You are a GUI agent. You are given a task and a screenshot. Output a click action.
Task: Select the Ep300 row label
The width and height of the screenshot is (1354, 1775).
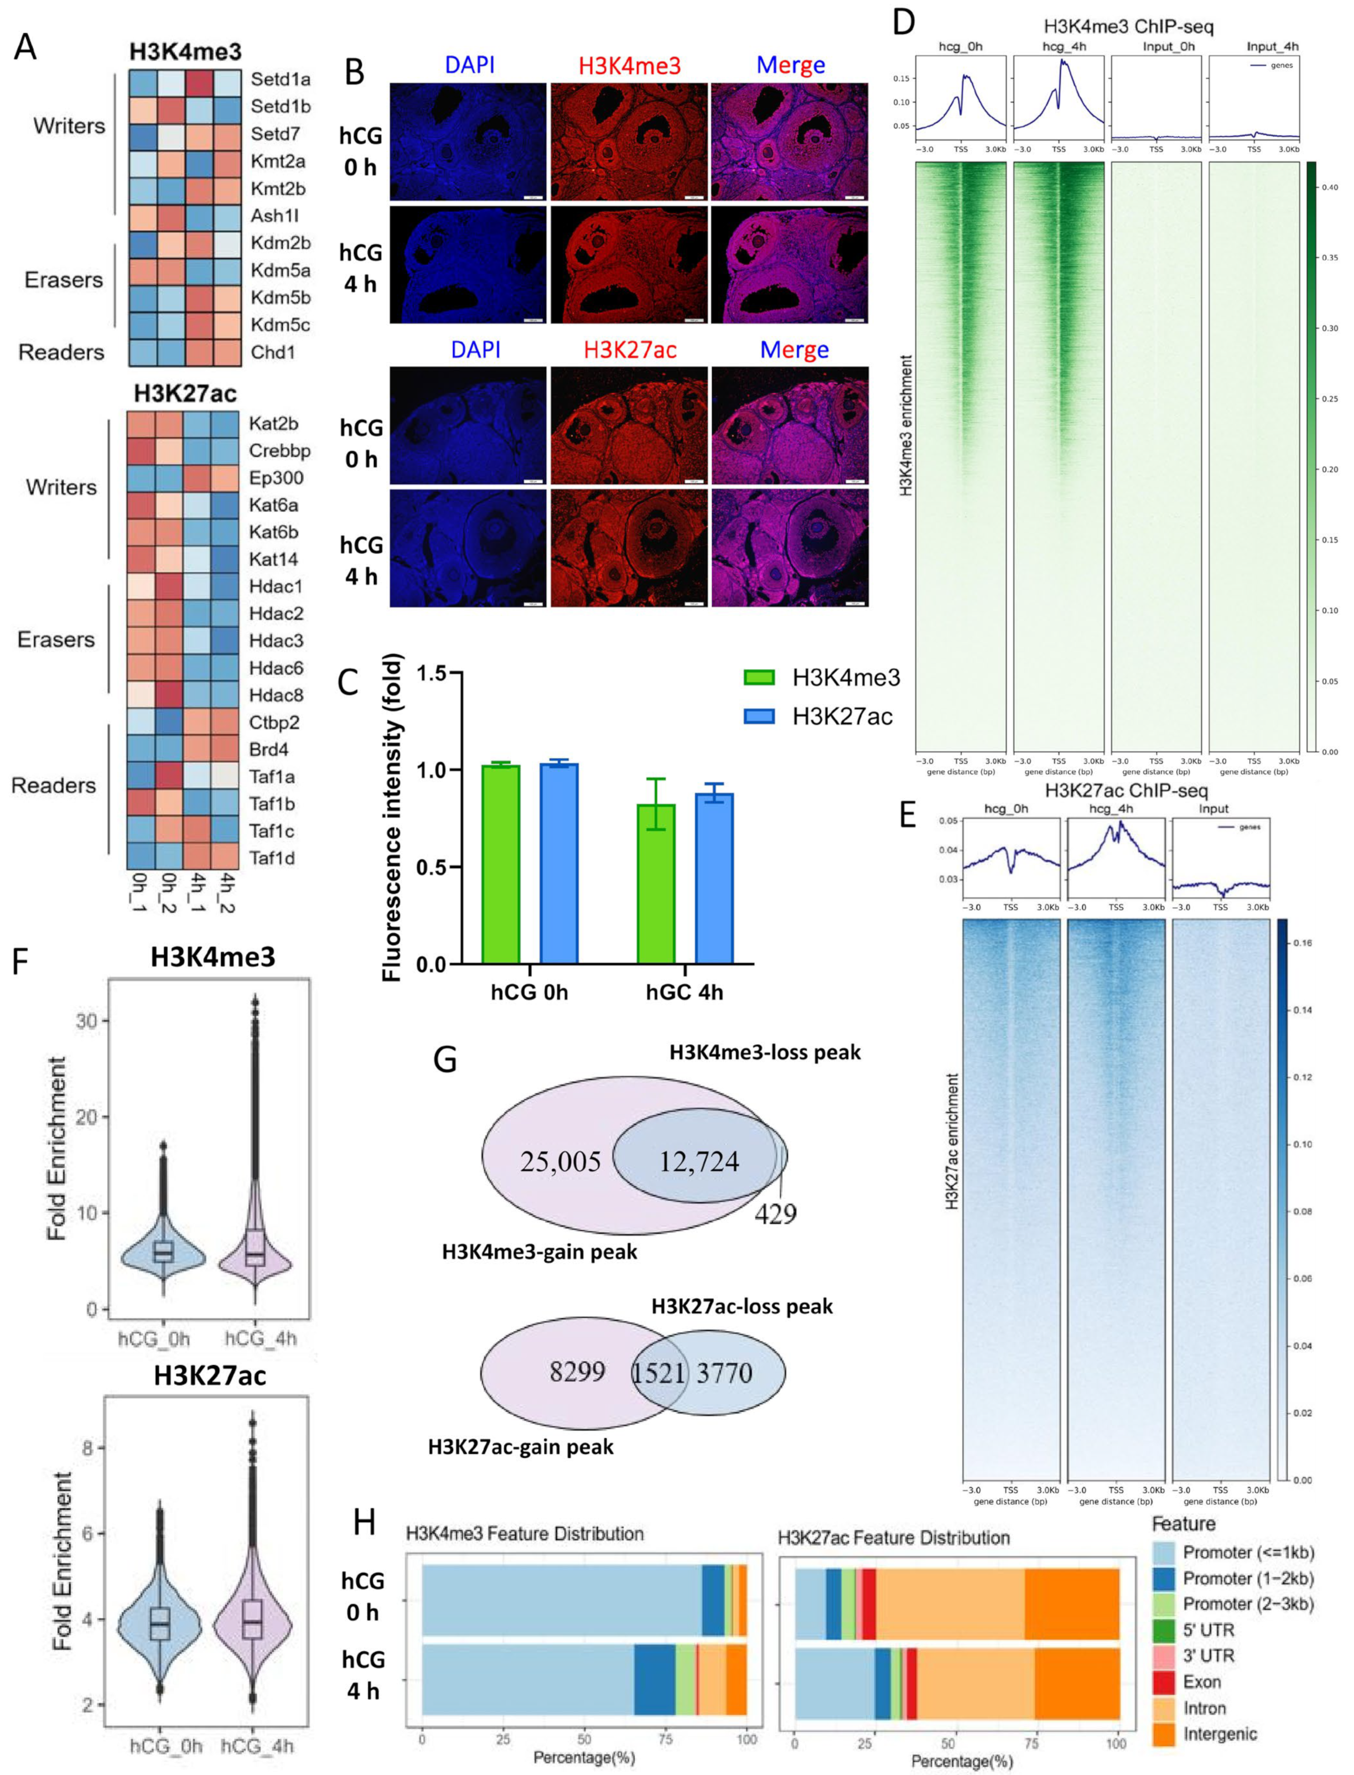(x=276, y=478)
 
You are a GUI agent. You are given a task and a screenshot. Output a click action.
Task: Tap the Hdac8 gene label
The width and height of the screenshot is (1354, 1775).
(x=276, y=695)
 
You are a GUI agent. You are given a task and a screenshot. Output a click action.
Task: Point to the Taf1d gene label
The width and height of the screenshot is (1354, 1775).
(x=272, y=858)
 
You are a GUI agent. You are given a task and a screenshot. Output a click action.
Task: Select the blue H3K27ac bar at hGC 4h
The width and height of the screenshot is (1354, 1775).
(x=714, y=879)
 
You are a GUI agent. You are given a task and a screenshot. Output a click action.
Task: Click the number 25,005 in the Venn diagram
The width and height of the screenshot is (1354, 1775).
(x=560, y=1162)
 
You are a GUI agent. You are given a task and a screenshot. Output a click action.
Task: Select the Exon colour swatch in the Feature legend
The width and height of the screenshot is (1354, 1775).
(x=1163, y=1682)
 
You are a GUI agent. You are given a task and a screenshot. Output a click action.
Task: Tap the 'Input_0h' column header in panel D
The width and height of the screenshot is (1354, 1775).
(x=1169, y=47)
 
